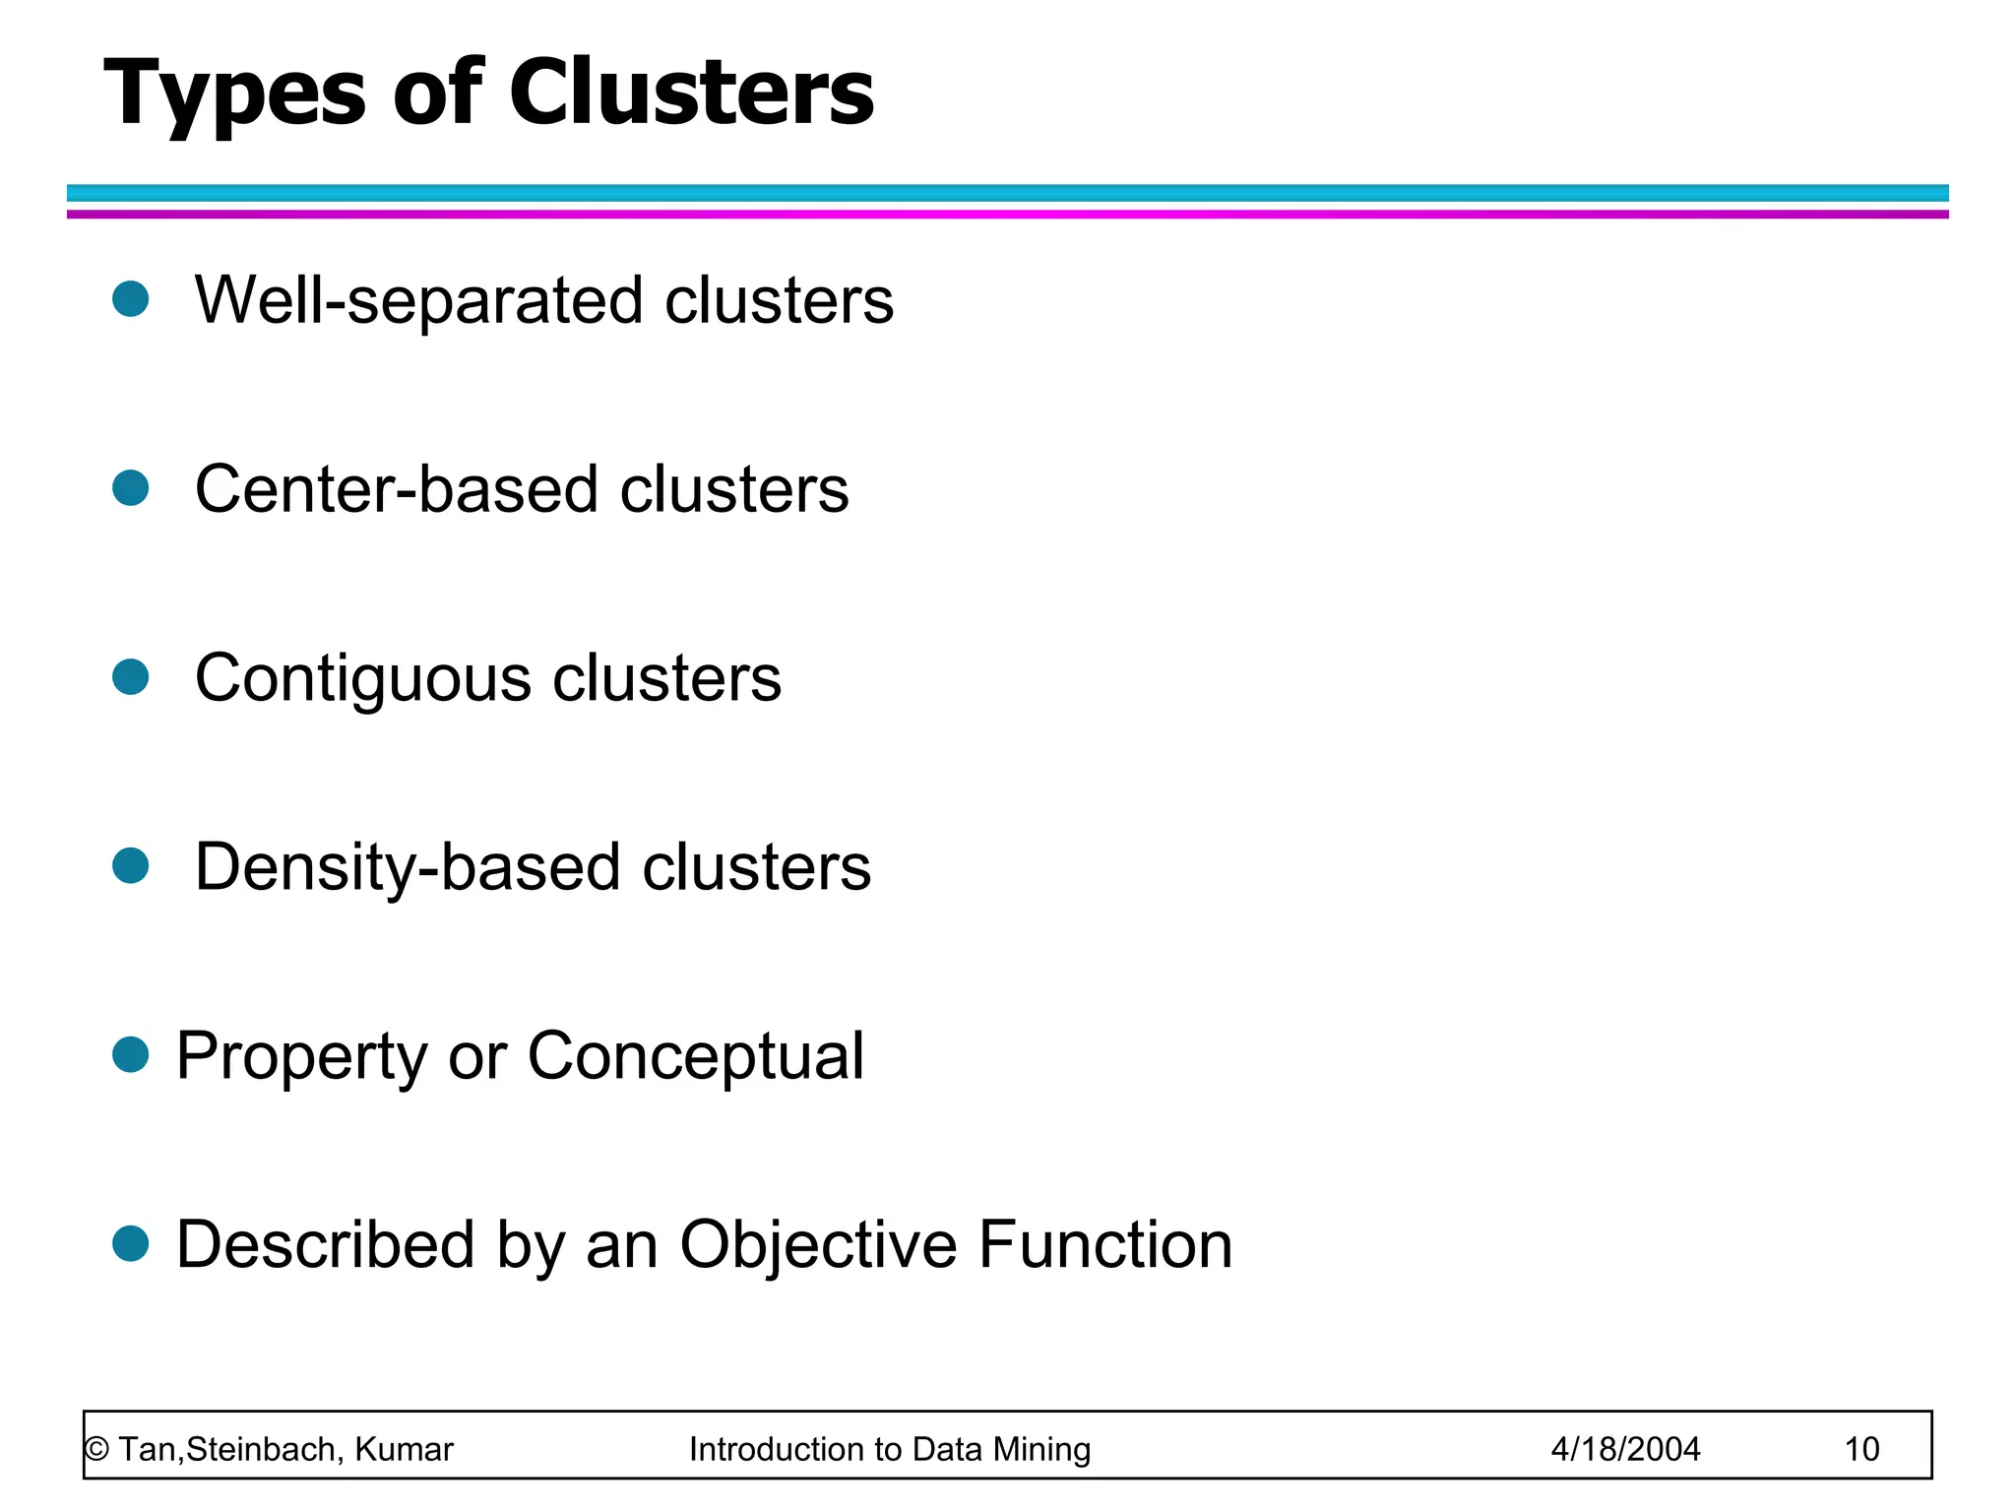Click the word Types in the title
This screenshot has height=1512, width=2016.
pyautogui.click(x=234, y=94)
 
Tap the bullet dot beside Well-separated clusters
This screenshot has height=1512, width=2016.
pyautogui.click(x=130, y=298)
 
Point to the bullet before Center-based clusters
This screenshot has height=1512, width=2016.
pyautogui.click(x=130, y=487)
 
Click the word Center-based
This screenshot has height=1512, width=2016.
pyautogui.click(x=396, y=489)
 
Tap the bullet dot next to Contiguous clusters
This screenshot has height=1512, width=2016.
pyautogui.click(x=130, y=676)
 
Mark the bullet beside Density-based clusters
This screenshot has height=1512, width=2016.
pyautogui.click(x=130, y=865)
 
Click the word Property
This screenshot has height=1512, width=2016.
pyautogui.click(x=301, y=1057)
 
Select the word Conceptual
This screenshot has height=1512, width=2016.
pyautogui.click(x=695, y=1057)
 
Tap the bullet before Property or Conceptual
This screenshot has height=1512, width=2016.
pyautogui.click(x=130, y=1054)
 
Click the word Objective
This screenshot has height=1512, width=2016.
pyautogui.click(x=817, y=1245)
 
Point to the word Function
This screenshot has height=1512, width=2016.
pyautogui.click(x=1104, y=1245)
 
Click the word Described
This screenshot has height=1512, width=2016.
pyautogui.click(x=325, y=1245)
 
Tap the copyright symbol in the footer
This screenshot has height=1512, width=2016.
pyautogui.click(x=96, y=1450)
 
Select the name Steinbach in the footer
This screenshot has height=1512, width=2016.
pyautogui.click(x=263, y=1450)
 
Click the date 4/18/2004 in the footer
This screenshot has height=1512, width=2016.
pyautogui.click(x=1625, y=1450)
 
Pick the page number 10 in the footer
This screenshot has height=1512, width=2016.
pyautogui.click(x=1861, y=1450)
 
